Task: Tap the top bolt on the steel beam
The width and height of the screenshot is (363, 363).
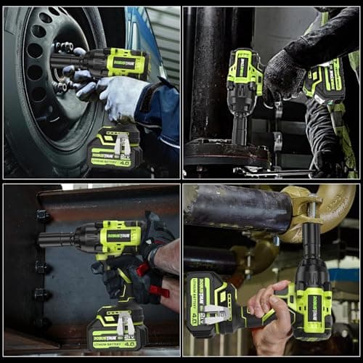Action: (x=43, y=216)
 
